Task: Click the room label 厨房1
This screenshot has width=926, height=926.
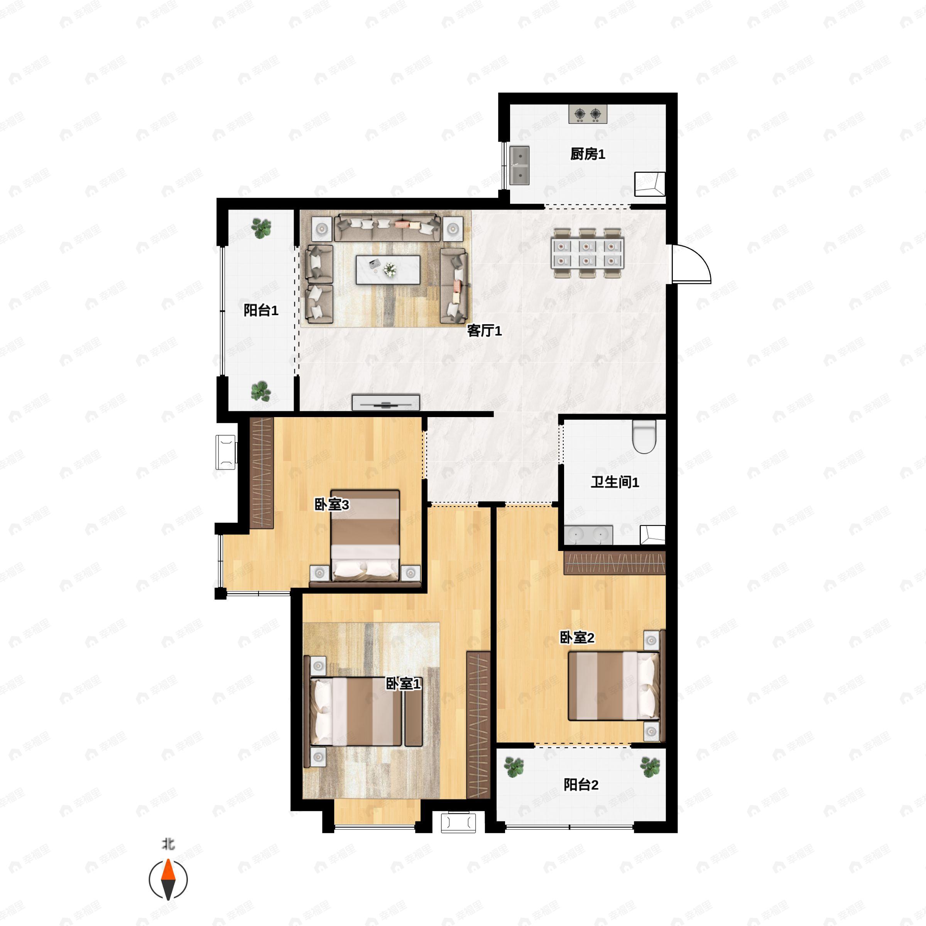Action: (588, 154)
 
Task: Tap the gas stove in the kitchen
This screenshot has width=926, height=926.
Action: (588, 114)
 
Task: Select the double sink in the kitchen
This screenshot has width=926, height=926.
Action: (519, 166)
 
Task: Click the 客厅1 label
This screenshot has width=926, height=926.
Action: (485, 331)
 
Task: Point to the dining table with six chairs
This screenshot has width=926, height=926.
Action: (588, 253)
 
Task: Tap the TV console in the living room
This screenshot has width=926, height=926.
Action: (386, 402)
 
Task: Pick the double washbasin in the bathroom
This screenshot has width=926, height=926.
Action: (588, 535)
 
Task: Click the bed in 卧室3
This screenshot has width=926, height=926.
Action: (365, 536)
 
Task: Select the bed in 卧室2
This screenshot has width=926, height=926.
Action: (614, 685)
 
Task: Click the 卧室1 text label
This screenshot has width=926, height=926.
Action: (403, 683)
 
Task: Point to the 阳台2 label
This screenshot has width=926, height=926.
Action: (581, 785)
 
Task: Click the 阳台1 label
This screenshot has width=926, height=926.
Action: (261, 310)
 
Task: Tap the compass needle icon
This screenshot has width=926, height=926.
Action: (168, 880)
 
